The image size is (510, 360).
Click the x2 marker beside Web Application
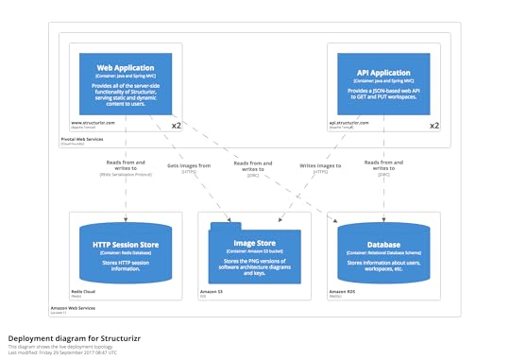pyautogui.click(x=176, y=125)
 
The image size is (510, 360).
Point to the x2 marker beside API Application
pyautogui.click(x=434, y=125)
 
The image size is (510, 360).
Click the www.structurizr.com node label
pyautogui.click(x=93, y=122)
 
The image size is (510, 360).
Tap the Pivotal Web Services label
pyautogui.click(x=82, y=139)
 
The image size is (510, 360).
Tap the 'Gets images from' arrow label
pyautogui.click(x=188, y=164)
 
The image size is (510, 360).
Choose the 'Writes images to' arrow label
pyautogui.click(x=320, y=164)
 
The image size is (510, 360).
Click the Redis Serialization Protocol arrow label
pyautogui.click(x=125, y=175)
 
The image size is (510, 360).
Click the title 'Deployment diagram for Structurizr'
pyautogui.click(x=67, y=336)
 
